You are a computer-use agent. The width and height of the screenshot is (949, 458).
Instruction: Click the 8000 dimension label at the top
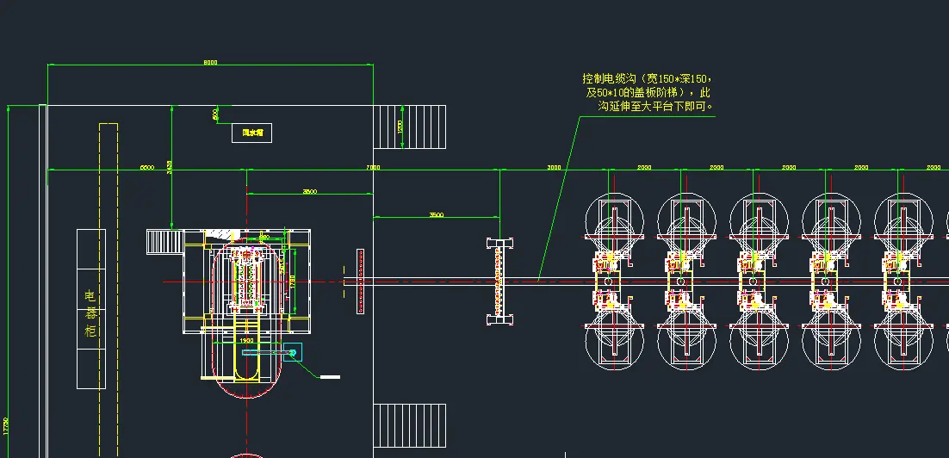coord(210,62)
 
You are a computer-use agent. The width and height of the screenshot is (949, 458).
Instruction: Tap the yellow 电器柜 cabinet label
coord(91,313)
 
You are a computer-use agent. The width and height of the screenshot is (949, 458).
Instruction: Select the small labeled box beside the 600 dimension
coord(252,133)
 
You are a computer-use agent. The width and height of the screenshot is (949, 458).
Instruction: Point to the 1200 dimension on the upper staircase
coord(400,126)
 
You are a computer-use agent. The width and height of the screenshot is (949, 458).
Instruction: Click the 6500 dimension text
coord(147,167)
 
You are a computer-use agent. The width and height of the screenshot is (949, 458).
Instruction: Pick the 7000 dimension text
coord(373,167)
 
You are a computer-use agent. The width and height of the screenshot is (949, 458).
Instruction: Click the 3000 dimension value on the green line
coord(554,167)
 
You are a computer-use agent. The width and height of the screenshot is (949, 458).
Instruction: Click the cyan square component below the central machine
coord(293,351)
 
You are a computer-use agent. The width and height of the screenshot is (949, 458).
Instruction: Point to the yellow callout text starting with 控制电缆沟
coord(647,92)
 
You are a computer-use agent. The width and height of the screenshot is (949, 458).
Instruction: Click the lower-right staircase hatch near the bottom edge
coord(412,425)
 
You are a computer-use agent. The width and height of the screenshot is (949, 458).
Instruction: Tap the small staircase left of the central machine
coord(160,240)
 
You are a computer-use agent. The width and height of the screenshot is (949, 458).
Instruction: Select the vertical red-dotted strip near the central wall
coord(360,282)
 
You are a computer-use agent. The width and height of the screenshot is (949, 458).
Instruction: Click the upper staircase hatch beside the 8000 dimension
coord(412,127)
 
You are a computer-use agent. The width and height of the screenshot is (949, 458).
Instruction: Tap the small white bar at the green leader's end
coord(330,376)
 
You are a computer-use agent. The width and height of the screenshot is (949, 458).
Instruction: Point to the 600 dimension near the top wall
coord(215,114)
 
